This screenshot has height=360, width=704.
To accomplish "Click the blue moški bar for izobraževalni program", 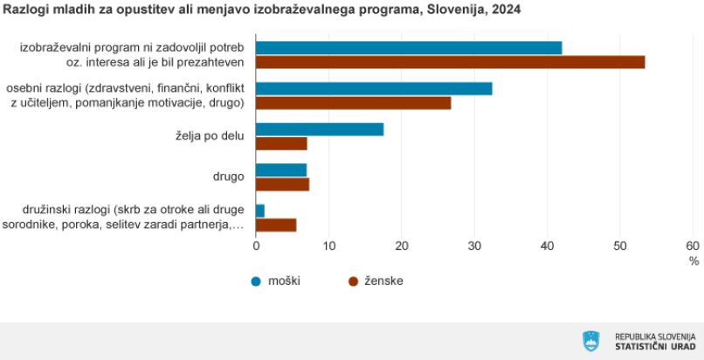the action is click(x=409, y=47).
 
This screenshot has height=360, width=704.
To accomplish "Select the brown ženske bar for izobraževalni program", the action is click(x=451, y=62).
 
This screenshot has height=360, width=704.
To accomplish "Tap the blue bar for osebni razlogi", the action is click(x=374, y=88).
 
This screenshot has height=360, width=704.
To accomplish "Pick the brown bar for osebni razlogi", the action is click(x=354, y=103).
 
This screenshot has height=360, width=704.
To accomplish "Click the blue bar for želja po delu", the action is click(x=320, y=129).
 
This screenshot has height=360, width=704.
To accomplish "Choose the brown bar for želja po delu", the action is click(x=281, y=143).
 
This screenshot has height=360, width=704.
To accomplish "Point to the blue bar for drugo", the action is click(x=281, y=170).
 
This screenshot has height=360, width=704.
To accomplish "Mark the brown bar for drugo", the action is click(x=282, y=184).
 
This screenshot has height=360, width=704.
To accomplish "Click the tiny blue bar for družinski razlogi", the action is click(x=260, y=211).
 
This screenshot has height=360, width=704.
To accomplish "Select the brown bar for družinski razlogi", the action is click(x=276, y=225).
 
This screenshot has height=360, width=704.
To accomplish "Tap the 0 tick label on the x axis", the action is click(x=256, y=246).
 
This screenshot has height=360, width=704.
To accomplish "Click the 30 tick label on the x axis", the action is click(x=474, y=246).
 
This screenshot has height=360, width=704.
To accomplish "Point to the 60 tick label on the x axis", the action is click(x=693, y=246).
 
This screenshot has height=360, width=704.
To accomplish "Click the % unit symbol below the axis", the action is click(x=694, y=261).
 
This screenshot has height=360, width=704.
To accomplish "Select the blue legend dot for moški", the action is click(x=256, y=281).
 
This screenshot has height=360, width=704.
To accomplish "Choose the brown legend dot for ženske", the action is click(x=354, y=281).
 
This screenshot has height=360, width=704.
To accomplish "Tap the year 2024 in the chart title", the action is click(x=507, y=10).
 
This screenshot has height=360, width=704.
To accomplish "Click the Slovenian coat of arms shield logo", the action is click(x=590, y=341).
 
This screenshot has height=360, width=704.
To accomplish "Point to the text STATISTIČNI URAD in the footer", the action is click(x=655, y=346).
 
